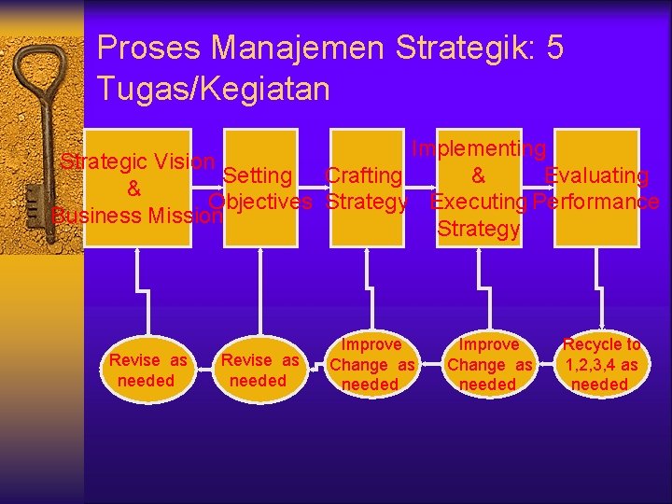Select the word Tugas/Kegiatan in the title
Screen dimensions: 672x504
click(x=213, y=89)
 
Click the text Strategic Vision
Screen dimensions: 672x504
click(x=138, y=161)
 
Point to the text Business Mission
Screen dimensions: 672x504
click(x=136, y=216)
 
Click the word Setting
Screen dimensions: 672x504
click(x=259, y=175)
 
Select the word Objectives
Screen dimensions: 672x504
click(x=260, y=202)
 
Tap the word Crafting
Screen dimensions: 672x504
click(x=363, y=175)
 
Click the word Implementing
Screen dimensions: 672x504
click(x=479, y=148)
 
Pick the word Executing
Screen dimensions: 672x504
click(x=479, y=202)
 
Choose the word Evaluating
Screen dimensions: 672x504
click(x=596, y=175)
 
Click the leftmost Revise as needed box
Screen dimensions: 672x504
click(x=147, y=371)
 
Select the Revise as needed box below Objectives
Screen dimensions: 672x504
click(x=259, y=371)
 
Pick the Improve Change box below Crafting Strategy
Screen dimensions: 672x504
click(x=371, y=364)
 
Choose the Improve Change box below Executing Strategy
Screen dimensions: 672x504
click(x=488, y=364)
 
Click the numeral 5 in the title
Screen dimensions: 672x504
click(x=555, y=48)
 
